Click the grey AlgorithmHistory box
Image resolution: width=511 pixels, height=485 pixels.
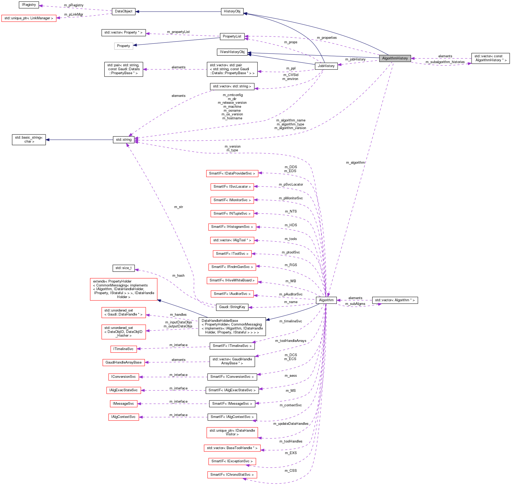(395, 58)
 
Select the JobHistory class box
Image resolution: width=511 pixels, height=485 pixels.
(326, 66)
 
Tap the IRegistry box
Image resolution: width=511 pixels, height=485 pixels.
(29, 5)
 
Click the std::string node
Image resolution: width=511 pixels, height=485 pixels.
(123, 140)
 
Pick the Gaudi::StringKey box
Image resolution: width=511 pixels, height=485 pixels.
(232, 307)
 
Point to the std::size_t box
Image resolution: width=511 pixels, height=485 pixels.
(123, 268)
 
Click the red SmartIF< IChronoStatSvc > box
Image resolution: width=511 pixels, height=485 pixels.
(232, 474)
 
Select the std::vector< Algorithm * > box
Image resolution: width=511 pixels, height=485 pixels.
(395, 300)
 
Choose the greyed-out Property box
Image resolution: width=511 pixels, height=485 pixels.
(123, 46)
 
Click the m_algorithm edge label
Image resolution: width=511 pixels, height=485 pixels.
(355, 163)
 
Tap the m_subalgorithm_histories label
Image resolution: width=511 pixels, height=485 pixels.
(445, 62)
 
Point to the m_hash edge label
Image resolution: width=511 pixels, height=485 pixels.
(178, 276)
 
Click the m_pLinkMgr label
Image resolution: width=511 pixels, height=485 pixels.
(73, 15)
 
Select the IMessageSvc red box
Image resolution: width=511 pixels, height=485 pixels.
(123, 404)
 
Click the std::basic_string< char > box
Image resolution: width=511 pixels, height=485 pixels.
(29, 140)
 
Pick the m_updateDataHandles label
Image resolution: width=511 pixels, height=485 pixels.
(291, 424)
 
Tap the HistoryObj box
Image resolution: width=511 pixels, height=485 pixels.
(232, 11)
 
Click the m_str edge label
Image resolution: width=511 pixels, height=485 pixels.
(178, 207)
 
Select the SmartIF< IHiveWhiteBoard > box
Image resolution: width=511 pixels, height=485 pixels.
(232, 280)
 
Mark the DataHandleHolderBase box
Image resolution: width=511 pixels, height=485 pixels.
(232, 327)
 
